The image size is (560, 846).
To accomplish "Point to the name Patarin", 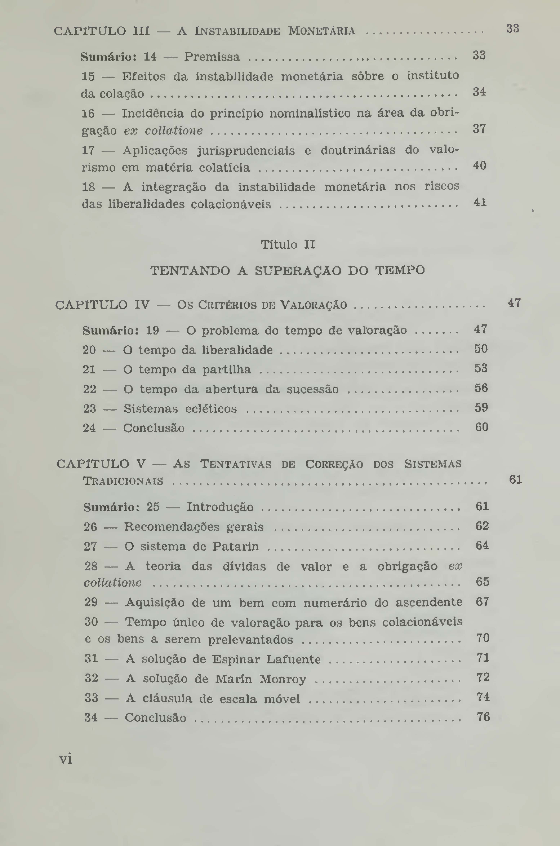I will pos(236,546).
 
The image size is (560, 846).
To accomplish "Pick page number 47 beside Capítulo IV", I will pos(514,303).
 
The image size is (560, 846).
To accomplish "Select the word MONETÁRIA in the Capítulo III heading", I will pos(321,31).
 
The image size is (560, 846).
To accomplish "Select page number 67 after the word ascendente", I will pos(482,602).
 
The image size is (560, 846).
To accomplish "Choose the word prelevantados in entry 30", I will pos(250,639).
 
